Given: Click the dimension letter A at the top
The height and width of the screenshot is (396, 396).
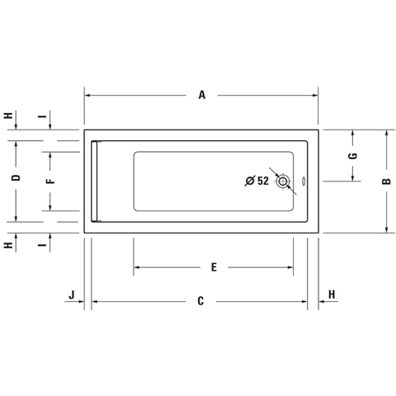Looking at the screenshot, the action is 202,95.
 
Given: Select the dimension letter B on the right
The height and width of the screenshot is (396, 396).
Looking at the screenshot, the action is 386,181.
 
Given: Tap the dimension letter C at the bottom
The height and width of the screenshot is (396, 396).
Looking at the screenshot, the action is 200,301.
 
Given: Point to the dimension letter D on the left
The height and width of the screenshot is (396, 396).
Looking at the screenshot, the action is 16,177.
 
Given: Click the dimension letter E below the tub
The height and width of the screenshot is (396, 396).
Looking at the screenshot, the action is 214,267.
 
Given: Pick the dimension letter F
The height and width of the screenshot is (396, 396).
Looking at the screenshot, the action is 50,181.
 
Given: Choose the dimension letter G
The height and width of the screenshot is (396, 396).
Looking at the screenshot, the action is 353,156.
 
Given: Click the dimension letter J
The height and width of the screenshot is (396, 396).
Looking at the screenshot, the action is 72,295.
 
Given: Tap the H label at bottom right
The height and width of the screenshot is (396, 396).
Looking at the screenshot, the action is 332,295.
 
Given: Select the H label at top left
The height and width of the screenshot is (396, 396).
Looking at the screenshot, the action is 8,115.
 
